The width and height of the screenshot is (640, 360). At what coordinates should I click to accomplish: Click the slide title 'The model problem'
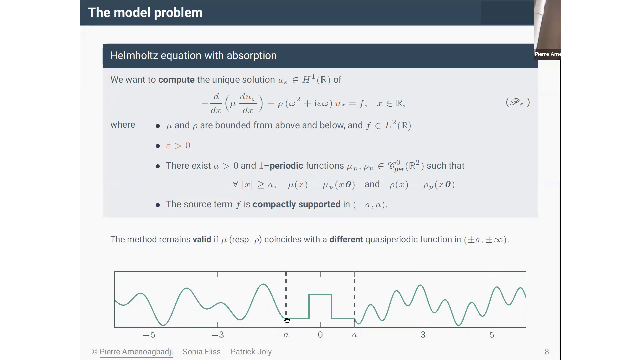145,13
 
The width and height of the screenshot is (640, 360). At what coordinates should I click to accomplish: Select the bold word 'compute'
176,80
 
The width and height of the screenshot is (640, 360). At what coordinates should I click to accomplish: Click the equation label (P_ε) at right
518,102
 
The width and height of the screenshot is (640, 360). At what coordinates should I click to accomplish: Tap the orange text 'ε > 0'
178,146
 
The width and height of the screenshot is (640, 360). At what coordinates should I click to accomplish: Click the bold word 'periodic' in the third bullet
286,166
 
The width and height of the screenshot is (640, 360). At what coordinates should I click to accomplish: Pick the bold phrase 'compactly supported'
296,204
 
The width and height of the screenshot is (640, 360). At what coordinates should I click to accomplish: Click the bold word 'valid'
202,239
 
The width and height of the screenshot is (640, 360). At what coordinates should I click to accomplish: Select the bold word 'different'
346,239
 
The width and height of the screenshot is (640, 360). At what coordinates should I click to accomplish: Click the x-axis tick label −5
149,335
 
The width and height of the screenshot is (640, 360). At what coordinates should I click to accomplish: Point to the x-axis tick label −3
218,335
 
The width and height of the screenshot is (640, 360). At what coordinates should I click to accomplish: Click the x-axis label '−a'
282,335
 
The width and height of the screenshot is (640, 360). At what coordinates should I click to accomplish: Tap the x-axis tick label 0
320,335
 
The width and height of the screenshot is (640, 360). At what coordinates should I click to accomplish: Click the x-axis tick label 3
423,335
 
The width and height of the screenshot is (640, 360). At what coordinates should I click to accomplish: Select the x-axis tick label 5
492,335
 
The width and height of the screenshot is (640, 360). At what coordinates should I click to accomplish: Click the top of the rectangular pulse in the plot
320,294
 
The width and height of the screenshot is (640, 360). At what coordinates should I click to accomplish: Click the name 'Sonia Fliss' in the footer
201,352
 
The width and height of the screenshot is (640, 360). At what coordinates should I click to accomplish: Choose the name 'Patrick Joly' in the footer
251,352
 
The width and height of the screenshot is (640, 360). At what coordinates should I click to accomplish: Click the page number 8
547,352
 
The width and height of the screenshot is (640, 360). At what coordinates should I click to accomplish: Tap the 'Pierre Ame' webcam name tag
547,54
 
